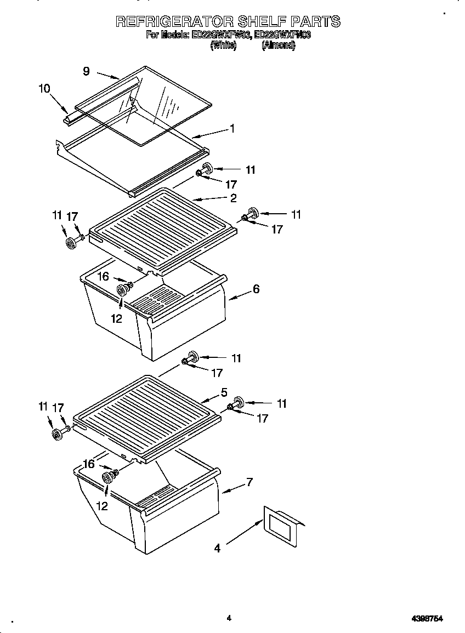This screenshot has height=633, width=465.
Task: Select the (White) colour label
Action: tap(223, 46)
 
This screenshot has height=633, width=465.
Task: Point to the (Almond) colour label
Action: tap(279, 46)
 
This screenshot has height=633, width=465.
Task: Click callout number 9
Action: tap(86, 71)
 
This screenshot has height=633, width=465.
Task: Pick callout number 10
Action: tap(44, 88)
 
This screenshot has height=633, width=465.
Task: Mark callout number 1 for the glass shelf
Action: tap(232, 129)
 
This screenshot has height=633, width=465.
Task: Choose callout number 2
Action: tap(233, 198)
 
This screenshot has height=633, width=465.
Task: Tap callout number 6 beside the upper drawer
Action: tap(256, 289)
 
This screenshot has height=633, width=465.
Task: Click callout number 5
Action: tap(224, 392)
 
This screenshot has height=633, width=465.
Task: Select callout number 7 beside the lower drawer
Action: tap(249, 482)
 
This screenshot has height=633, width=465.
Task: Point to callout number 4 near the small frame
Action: tap(217, 548)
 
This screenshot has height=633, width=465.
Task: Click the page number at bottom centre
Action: tap(229, 618)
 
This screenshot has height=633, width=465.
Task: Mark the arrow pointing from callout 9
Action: tap(109, 75)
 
